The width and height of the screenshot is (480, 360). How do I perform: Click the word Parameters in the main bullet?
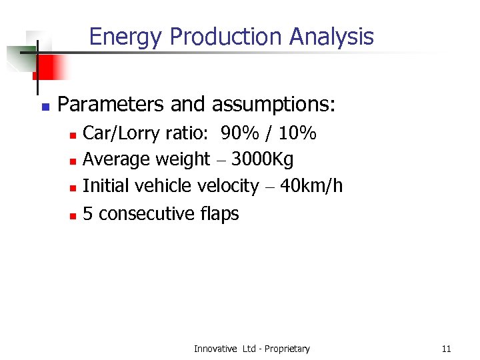[x=111, y=105]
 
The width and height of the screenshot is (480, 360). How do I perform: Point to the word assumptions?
[x=273, y=105]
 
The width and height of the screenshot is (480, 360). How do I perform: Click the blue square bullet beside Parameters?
[x=43, y=107]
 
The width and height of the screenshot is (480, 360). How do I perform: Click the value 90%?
[x=241, y=134]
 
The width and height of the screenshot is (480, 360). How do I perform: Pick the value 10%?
[x=297, y=134]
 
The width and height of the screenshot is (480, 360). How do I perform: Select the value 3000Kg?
[x=262, y=160]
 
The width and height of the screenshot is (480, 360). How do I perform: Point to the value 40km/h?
[x=311, y=186]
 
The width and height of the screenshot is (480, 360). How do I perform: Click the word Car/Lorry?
[x=121, y=135]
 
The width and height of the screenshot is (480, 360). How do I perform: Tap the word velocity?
[x=228, y=187]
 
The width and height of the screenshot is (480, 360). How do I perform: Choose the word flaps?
[x=219, y=214]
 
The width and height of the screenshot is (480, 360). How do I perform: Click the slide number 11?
[x=446, y=349]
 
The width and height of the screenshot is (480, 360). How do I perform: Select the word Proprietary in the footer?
[x=288, y=349]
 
